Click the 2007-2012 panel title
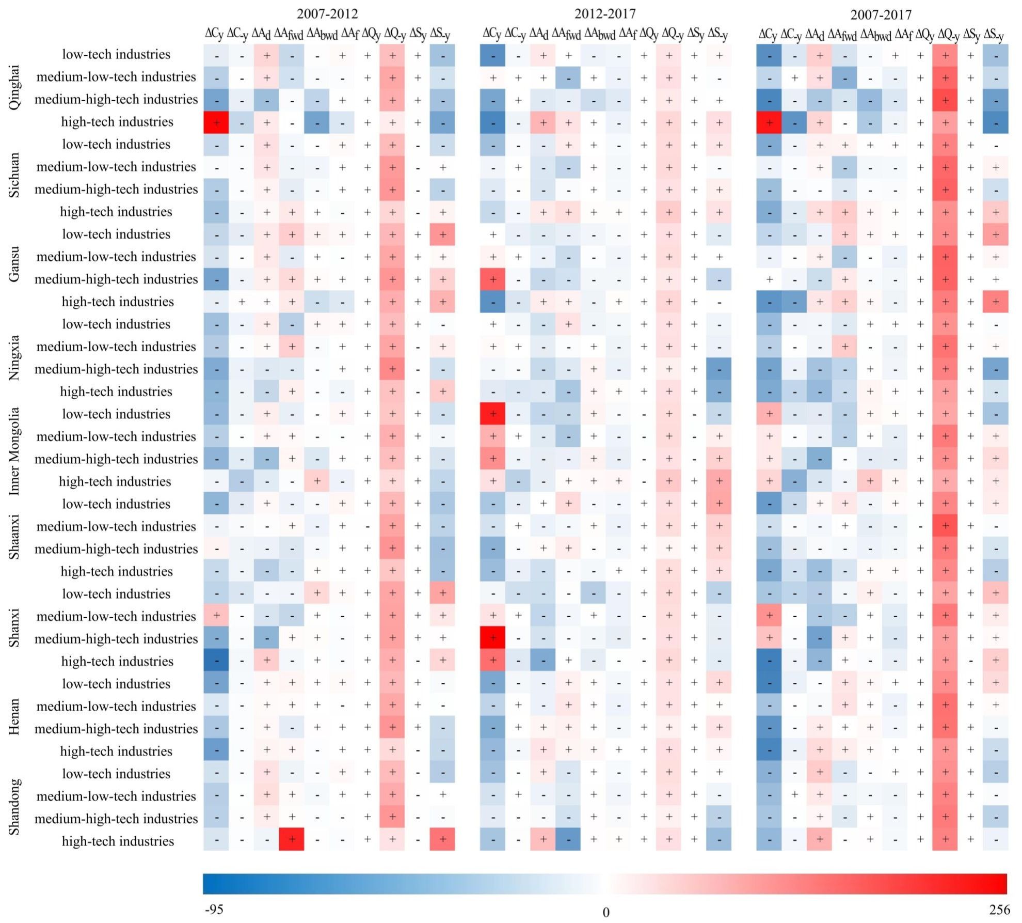[x=327, y=13]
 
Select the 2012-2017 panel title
[x=605, y=13]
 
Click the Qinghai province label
[x=14, y=87]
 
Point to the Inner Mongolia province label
[x=14, y=451]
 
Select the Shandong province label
[x=14, y=806]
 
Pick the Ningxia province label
[x=14, y=357]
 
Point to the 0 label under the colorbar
[x=606, y=912]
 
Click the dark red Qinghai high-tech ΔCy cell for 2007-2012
[x=216, y=122]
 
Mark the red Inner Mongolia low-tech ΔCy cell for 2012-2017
[x=492, y=414]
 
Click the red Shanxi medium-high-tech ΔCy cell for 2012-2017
[x=492, y=638]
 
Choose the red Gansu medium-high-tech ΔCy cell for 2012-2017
[x=492, y=279]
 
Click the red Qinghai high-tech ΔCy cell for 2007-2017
[x=769, y=122]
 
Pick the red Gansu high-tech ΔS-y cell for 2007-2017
[x=996, y=301]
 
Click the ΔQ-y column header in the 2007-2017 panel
[x=946, y=35]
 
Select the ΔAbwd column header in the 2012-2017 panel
[x=599, y=34]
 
